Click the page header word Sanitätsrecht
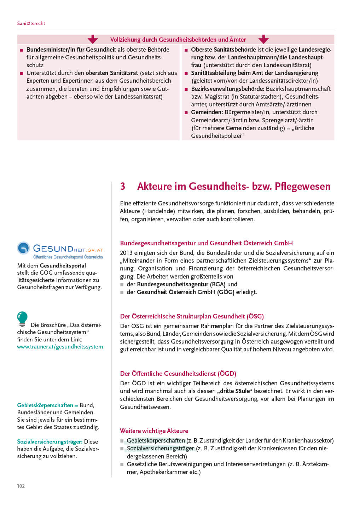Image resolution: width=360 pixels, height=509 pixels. [31, 23]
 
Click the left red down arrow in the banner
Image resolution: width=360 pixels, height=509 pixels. [93, 39]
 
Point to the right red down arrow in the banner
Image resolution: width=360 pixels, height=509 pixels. [263, 39]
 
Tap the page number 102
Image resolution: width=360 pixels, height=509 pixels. [21, 486]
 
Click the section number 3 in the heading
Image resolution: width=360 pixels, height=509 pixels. [123, 186]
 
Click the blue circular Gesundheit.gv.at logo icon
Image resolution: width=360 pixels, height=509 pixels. [24, 248]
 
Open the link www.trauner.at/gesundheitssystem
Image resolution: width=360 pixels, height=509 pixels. [60, 347]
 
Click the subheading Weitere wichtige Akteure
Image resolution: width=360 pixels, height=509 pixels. [154, 431]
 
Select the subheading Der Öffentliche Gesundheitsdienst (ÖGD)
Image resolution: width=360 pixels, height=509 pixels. [178, 374]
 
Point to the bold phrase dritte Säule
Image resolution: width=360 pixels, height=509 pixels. [234, 391]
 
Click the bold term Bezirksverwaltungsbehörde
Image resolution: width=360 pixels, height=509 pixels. [227, 89]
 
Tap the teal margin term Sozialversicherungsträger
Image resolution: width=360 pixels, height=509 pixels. [50, 441]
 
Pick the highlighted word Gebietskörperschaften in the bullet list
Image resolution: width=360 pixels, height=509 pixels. [156, 440]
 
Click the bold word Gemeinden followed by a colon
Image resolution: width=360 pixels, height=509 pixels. [207, 112]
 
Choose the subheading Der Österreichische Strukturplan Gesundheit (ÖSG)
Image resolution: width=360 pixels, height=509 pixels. [192, 316]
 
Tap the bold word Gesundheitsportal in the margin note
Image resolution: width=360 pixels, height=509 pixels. [63, 265]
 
